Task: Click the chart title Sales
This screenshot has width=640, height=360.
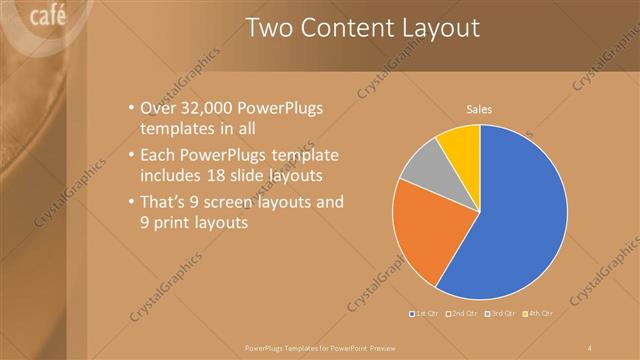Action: (481, 109)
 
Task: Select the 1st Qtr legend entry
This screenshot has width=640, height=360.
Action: (426, 314)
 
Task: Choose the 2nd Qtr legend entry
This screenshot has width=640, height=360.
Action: (462, 314)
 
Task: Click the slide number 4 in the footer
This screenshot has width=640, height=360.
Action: (591, 347)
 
